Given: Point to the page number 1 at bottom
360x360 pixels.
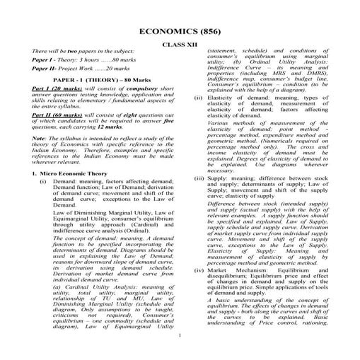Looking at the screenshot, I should click(x=180, y=336).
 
